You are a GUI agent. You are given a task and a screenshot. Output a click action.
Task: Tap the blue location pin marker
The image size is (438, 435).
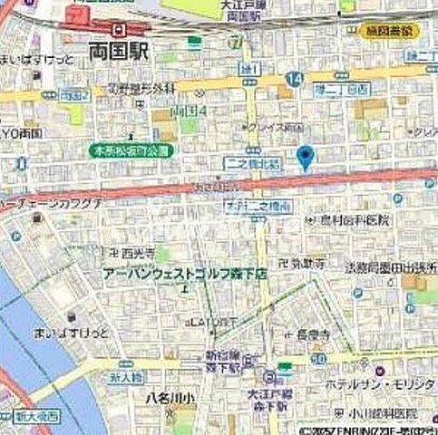pos(306,157)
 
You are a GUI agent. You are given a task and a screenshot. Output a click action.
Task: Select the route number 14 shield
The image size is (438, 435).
pos(292,80)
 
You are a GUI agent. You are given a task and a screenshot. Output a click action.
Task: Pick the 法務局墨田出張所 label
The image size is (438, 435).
pos(388,269)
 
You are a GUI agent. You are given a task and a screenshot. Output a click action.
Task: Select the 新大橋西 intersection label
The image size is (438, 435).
pos(36,417)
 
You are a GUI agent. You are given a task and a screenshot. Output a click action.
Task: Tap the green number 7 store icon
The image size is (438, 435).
pos(235,42)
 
